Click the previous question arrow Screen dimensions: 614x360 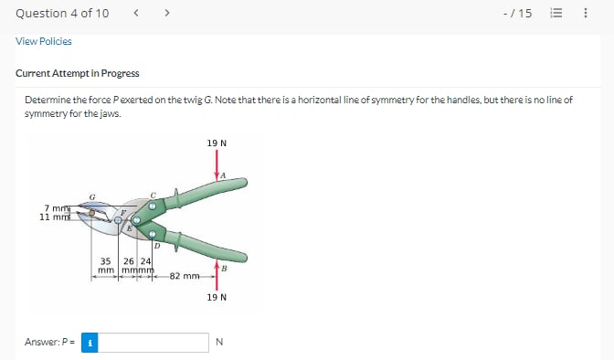(136, 13)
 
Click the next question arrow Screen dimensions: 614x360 (167, 13)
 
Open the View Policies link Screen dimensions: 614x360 (44, 41)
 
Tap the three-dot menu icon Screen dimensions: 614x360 (586, 13)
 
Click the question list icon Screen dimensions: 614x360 (556, 13)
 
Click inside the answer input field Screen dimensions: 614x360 (153, 343)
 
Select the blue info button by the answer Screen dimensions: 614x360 (90, 343)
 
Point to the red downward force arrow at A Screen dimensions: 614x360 (217, 164)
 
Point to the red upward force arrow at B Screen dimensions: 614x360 (217, 275)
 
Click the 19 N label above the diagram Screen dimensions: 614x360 (217, 143)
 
